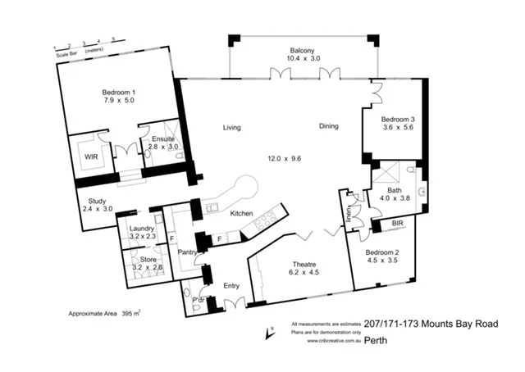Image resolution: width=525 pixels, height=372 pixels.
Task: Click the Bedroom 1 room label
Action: click(x=119, y=92)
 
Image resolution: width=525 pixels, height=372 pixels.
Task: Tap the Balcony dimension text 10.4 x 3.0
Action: click(x=304, y=59)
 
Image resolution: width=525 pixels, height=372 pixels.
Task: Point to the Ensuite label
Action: click(x=162, y=139)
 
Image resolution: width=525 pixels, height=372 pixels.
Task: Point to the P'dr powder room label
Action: click(x=198, y=299)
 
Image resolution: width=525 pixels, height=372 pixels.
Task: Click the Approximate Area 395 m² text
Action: click(x=103, y=313)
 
